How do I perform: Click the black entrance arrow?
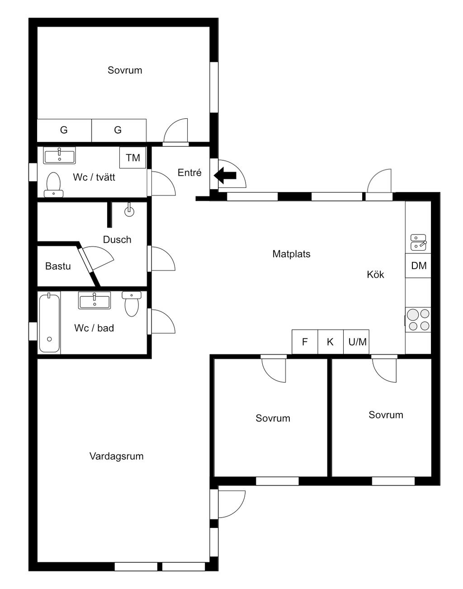(225, 175)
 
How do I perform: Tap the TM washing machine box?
(133, 158)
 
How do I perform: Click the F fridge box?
(305, 342)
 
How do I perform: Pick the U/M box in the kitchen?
(356, 342)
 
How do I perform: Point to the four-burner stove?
(418, 320)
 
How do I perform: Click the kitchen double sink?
(419, 242)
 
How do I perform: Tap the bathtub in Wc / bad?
(49, 323)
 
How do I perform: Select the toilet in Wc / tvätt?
(53, 185)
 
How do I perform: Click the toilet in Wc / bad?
(132, 304)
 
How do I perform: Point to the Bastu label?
(58, 266)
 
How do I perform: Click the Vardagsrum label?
(116, 456)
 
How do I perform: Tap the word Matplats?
(291, 254)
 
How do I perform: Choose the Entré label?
(189, 173)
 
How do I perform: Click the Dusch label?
(117, 239)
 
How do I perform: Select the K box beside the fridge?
(331, 342)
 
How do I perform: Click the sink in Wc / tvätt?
(60, 156)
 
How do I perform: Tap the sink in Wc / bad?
(94, 301)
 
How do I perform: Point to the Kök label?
(375, 275)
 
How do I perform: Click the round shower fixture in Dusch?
(129, 210)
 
